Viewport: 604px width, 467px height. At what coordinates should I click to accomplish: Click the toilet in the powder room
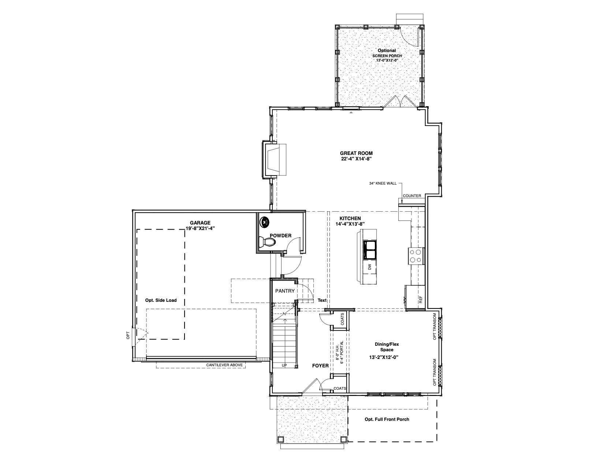(x=267, y=242)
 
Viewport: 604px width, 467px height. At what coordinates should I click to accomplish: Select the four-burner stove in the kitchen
(x=416, y=256)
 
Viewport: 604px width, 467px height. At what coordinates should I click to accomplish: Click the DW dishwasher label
(x=370, y=267)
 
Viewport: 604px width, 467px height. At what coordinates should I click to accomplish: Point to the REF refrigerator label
(x=421, y=300)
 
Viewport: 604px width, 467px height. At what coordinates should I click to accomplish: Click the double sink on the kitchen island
(x=370, y=250)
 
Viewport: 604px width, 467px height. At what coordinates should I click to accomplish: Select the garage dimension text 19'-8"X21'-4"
(x=200, y=228)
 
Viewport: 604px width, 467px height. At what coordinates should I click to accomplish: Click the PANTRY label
(x=285, y=291)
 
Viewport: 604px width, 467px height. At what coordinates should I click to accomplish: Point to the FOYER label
(x=320, y=366)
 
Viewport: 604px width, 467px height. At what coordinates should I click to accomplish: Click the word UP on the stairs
(x=284, y=366)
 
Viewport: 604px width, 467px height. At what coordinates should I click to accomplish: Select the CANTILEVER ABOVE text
(x=224, y=365)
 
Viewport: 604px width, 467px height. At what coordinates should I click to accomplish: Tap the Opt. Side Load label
(x=161, y=300)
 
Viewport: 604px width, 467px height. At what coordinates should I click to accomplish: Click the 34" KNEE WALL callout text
(x=383, y=184)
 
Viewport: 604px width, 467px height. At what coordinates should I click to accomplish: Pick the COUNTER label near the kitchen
(x=412, y=196)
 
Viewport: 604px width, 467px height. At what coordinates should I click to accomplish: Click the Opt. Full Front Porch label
(x=387, y=419)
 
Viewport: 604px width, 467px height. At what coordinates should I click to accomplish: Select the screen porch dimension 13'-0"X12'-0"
(x=387, y=60)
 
